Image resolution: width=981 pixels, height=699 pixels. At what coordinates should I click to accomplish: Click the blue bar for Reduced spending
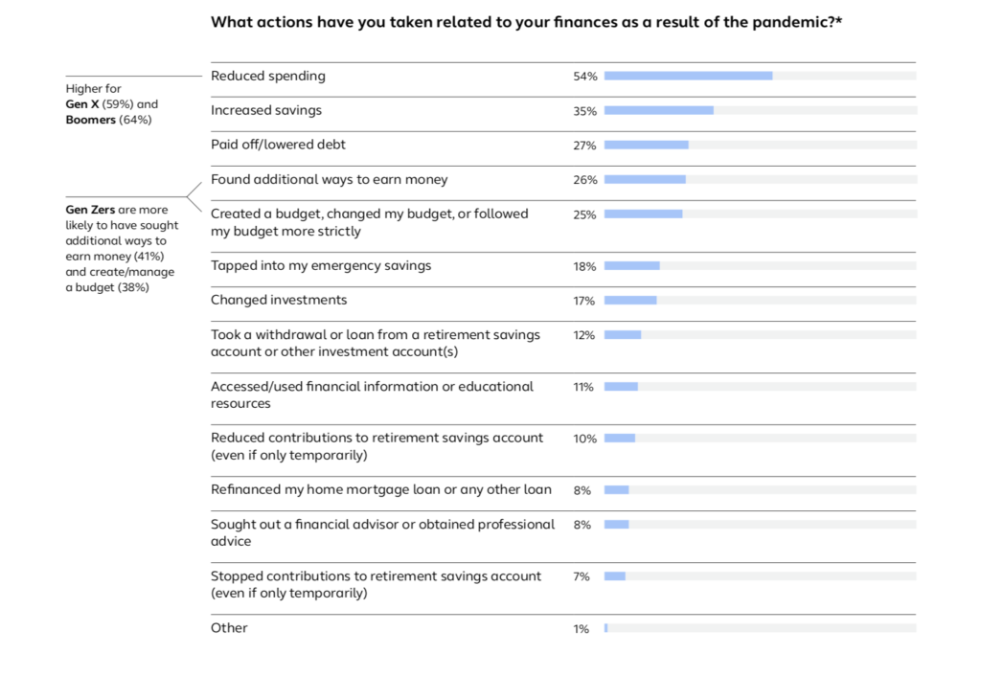click(688, 76)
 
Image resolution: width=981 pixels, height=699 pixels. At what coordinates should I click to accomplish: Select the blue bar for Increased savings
click(658, 110)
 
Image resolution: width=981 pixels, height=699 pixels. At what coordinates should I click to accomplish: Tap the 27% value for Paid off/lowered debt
click(584, 146)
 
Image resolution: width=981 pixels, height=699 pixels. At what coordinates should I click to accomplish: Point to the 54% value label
click(584, 77)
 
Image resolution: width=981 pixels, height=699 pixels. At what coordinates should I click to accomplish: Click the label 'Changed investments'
click(279, 300)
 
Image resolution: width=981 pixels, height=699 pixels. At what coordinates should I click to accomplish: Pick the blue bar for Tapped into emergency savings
click(631, 265)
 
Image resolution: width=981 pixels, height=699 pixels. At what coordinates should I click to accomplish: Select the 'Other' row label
click(229, 628)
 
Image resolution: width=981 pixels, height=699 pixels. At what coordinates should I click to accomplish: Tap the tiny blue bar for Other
click(605, 628)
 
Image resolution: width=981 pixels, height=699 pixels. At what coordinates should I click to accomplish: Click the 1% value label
click(582, 629)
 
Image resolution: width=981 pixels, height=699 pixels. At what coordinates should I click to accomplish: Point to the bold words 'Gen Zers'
click(89, 210)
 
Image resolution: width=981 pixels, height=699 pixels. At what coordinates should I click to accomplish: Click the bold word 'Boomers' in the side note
click(90, 120)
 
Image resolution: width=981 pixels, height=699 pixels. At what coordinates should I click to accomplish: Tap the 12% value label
click(584, 335)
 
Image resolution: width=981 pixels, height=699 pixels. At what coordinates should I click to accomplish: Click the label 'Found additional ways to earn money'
click(329, 179)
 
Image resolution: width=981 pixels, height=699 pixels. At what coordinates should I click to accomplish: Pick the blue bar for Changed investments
click(629, 300)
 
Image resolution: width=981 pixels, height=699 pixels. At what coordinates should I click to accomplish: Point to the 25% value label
click(584, 214)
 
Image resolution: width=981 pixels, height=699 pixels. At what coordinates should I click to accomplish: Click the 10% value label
click(584, 439)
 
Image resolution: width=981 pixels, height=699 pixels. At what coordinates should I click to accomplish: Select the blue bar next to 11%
click(621, 386)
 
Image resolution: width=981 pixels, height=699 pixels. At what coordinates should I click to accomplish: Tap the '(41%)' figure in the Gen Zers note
click(148, 257)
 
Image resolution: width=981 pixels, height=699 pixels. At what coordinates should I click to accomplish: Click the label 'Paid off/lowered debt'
click(278, 145)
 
